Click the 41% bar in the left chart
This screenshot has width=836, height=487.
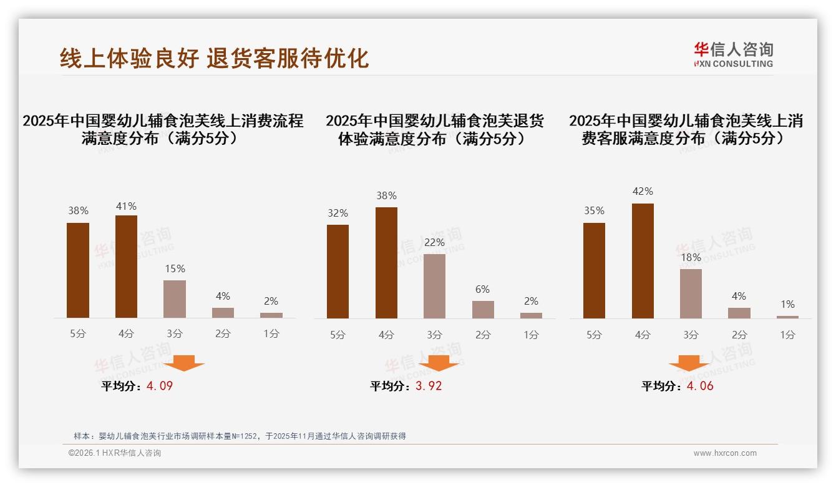126,267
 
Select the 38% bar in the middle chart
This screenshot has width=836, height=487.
386,263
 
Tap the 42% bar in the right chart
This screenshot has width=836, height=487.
643,261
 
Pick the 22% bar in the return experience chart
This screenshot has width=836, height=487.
434,286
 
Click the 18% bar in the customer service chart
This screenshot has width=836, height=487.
691,293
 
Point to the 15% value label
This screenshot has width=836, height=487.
175,268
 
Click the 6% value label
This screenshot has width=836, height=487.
482,289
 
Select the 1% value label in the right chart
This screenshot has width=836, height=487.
787,304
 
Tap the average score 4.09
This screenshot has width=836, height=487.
160,386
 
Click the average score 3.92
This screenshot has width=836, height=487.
429,386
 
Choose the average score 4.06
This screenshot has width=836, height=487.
700,386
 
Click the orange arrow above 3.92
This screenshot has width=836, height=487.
439,363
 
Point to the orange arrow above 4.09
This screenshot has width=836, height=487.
184,363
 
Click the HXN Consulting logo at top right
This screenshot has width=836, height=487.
733,54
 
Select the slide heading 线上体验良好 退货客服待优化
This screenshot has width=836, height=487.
214,57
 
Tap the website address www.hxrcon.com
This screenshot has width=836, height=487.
725,453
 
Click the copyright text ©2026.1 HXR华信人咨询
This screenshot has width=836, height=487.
115,453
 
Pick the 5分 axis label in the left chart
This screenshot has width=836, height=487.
78,334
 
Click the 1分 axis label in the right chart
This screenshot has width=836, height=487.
787,335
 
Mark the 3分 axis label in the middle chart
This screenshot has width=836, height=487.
434,335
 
